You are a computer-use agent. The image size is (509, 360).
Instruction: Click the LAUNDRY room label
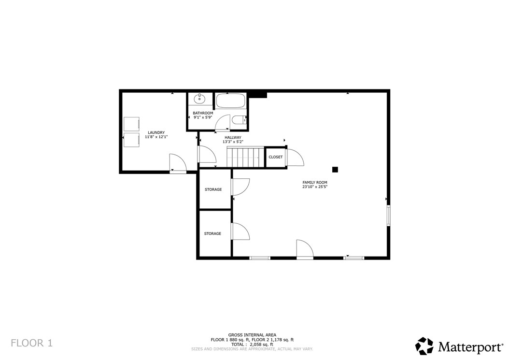[x=156, y=132]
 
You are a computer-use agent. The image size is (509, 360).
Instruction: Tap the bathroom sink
[x=199, y=99]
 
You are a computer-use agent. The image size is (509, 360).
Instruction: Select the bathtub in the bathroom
[x=230, y=101]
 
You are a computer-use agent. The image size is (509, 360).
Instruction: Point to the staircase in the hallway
[x=245, y=157]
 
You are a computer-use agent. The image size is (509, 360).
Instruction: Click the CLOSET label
[x=275, y=157]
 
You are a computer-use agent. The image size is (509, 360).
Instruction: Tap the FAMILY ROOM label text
[x=315, y=182]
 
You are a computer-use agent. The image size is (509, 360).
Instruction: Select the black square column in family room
[x=335, y=170]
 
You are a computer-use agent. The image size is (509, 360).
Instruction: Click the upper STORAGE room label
[x=213, y=189]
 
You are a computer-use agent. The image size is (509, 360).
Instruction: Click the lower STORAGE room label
[x=212, y=233]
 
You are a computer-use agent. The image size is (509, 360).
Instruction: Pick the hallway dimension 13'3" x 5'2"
[x=233, y=142]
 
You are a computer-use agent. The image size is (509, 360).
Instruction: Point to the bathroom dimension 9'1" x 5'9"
[x=203, y=117]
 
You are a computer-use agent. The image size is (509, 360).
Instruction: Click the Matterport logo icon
[x=424, y=346]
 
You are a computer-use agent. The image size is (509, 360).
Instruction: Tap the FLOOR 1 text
[x=31, y=344]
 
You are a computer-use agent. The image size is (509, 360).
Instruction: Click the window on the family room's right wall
[x=388, y=215]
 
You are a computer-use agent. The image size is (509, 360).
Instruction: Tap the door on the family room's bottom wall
[x=304, y=250]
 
